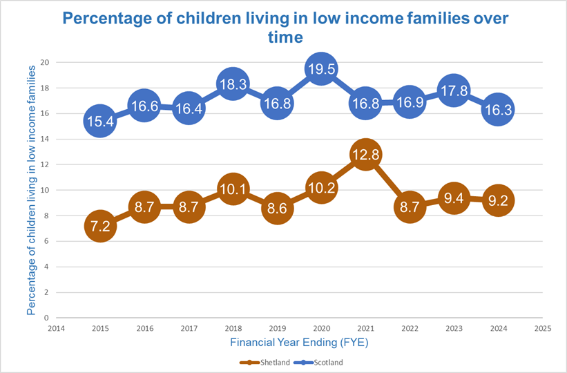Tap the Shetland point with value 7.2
point(99,226)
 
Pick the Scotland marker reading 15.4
point(99,121)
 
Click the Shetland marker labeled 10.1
point(232,189)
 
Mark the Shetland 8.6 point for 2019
point(276,208)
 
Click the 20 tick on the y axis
point(46,62)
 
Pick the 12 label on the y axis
point(46,164)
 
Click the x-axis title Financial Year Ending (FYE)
point(299,341)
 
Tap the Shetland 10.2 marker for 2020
point(320,188)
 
